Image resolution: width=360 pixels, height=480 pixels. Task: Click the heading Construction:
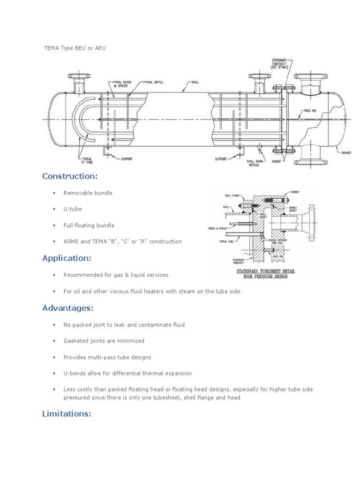[70, 176]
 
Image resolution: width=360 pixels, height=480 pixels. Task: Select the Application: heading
[67, 258]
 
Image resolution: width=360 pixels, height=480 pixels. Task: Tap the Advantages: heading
[67, 308]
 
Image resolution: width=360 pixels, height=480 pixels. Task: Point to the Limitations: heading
[66, 413]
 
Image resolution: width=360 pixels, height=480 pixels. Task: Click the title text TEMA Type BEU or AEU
[72, 48]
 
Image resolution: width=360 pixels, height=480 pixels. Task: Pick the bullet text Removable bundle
[88, 193]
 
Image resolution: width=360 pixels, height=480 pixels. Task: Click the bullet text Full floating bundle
[89, 225]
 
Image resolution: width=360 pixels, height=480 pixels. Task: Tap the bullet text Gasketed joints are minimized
[104, 341]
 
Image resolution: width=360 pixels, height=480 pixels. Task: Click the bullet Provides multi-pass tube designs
[107, 357]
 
